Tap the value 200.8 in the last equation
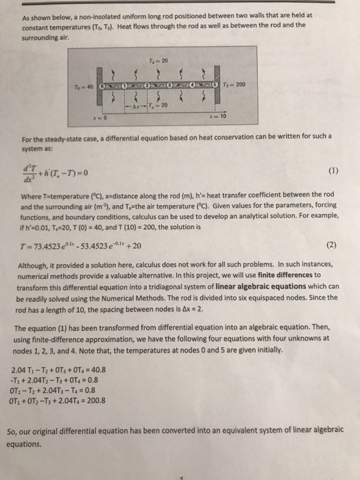coord(117,401)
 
